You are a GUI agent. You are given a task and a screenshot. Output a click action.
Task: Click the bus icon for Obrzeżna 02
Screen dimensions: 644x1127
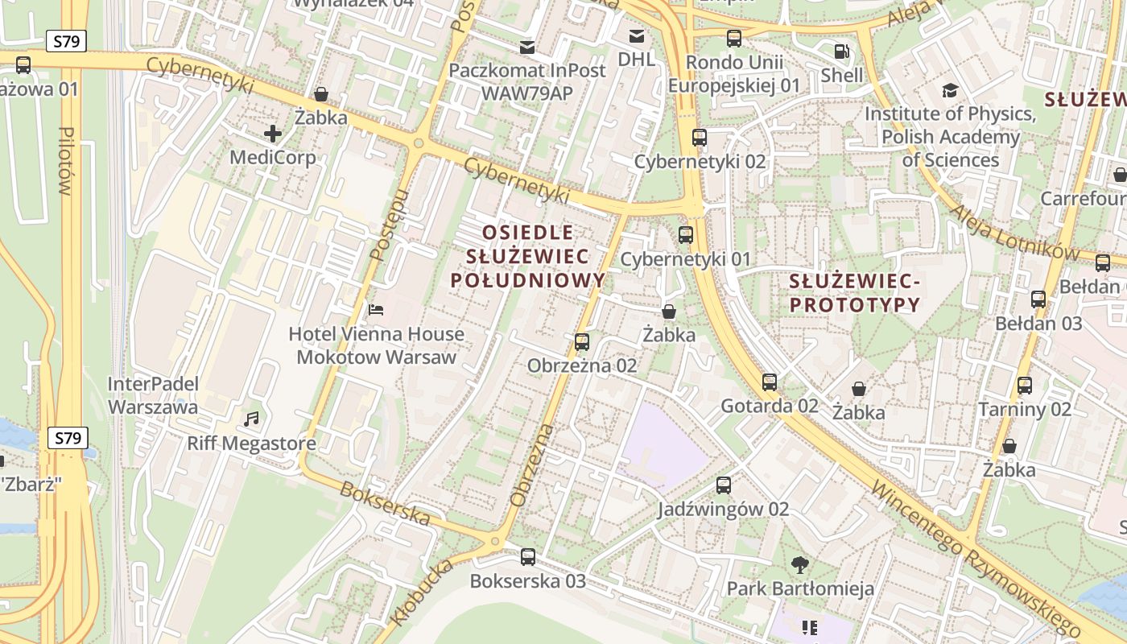(582, 342)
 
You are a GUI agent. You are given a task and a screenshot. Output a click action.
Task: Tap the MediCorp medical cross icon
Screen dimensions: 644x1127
(273, 133)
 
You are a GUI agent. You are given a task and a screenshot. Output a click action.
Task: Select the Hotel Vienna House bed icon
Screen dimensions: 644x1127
(376, 309)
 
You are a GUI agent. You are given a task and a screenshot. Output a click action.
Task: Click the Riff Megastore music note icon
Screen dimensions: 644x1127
(252, 419)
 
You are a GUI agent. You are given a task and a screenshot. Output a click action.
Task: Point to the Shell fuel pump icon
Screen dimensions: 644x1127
(842, 51)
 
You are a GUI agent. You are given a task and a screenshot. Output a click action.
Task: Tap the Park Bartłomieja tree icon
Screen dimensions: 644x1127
(800, 564)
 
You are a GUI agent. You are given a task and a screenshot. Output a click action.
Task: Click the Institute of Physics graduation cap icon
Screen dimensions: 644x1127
(950, 90)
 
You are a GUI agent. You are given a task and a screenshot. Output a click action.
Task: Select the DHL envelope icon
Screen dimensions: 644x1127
(637, 35)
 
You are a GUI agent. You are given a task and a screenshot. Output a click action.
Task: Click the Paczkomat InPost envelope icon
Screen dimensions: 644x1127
(527, 47)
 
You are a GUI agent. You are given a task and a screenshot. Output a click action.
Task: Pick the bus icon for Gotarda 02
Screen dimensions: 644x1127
(770, 382)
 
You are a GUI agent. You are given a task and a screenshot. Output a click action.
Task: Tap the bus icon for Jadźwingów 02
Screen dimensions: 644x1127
(724, 485)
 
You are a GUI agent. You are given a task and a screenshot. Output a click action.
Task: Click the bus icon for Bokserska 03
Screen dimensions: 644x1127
(528, 556)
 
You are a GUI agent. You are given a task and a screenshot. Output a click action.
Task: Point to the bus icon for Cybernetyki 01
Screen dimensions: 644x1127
(686, 235)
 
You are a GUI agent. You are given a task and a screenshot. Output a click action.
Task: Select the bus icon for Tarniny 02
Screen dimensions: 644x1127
(1025, 385)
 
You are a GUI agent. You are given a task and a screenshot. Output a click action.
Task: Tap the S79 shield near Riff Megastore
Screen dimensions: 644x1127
(68, 438)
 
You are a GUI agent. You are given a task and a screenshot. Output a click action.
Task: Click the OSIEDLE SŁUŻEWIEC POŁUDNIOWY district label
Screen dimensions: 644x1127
(527, 257)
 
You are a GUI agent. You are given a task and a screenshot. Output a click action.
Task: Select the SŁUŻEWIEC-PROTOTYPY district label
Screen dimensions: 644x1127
(854, 293)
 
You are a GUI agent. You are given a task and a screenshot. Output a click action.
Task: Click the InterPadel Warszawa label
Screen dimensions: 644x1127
(153, 395)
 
